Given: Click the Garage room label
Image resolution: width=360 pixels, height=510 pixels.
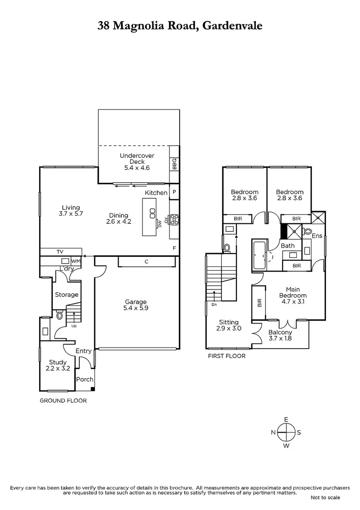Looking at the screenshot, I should [136, 306].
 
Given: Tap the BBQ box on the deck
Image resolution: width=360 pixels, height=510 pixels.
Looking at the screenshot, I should [174, 164].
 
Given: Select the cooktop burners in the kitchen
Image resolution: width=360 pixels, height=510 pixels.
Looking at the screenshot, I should [174, 219].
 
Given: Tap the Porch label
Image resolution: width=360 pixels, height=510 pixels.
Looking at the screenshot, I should [85, 379].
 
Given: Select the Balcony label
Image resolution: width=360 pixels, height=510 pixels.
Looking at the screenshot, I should [280, 335].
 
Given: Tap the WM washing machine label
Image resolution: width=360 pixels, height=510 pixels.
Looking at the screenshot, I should [75, 261].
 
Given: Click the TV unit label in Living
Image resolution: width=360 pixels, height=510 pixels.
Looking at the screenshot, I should [60, 252].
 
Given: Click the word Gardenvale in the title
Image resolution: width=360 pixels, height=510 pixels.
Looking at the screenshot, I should [232, 26].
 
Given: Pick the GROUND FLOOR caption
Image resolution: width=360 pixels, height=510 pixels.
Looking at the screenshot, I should [63, 400].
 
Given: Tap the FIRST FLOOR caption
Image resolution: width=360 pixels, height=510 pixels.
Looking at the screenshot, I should [227, 356].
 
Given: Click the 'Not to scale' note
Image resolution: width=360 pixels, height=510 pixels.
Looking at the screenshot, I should [325, 498].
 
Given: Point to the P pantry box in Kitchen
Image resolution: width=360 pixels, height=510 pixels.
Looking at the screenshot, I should [174, 192].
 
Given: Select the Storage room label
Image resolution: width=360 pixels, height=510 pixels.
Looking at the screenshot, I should [67, 295].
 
